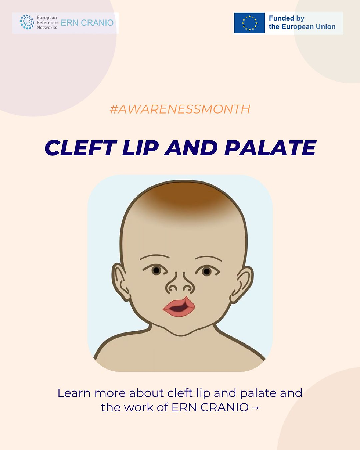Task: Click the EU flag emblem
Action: (249, 23)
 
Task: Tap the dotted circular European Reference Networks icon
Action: (26, 22)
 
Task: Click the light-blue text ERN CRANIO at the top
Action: (87, 22)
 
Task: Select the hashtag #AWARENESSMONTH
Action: (180, 109)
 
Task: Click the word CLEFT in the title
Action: (80, 148)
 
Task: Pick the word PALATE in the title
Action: (270, 148)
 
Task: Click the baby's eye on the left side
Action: (156, 270)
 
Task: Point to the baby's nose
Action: (180, 283)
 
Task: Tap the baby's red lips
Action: (179, 307)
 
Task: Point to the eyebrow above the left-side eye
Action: (155, 257)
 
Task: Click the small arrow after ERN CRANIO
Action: (256, 408)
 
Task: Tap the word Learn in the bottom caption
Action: (74, 393)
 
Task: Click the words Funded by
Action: (287, 18)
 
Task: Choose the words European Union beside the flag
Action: (308, 27)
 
